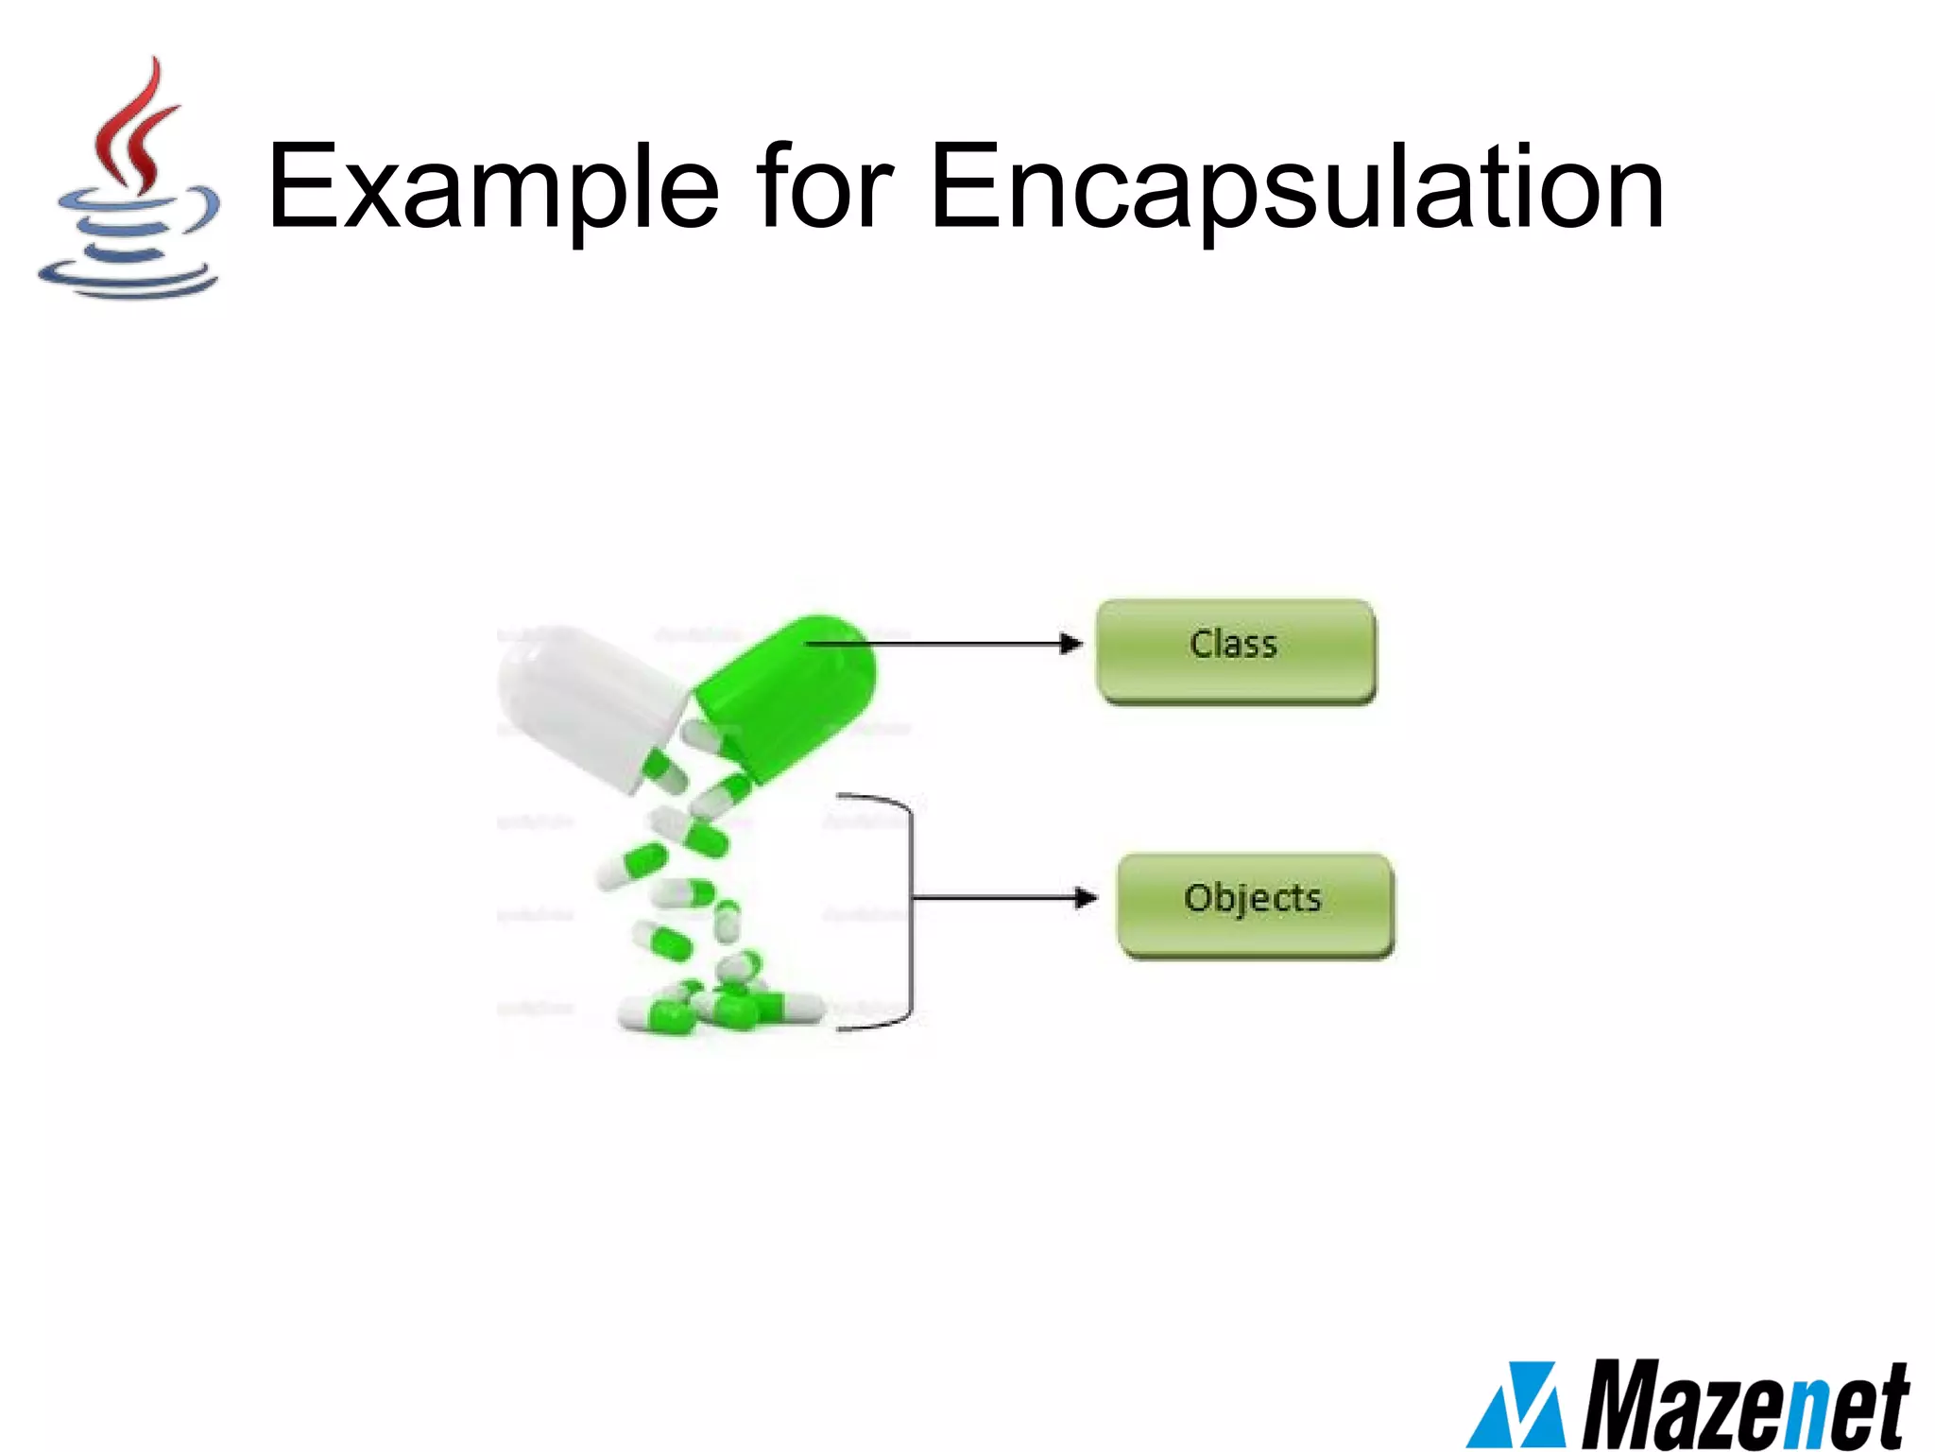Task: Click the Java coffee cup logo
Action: point(130,180)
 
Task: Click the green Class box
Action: point(1236,651)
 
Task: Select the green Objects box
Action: point(1255,905)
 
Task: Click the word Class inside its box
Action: point(1233,645)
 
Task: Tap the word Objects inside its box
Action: point(1252,898)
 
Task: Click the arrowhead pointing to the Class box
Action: point(1070,644)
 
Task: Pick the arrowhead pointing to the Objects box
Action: point(1087,897)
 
